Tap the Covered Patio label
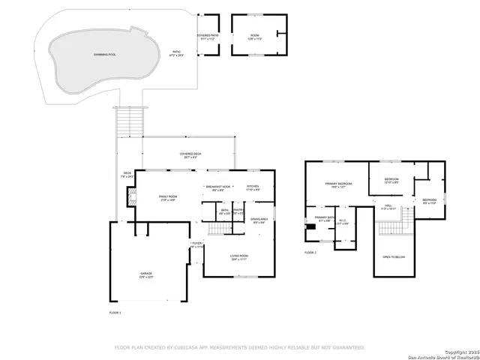(208, 37)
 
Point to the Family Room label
(168, 197)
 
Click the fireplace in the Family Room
(130, 197)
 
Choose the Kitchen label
(253, 187)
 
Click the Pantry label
(238, 211)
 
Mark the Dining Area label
(260, 219)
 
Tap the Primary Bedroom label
(338, 184)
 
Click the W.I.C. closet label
(343, 222)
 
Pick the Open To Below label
(394, 256)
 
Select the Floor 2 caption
(310, 253)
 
